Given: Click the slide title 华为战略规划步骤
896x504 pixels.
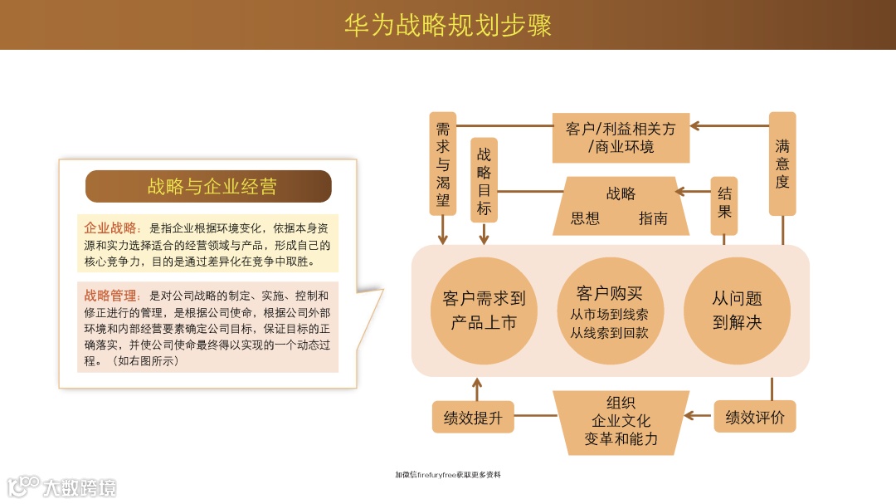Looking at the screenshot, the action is click(x=448, y=25).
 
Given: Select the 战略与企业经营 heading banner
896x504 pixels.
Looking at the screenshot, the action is click(x=208, y=187).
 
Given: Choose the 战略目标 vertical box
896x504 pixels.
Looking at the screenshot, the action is click(x=484, y=180).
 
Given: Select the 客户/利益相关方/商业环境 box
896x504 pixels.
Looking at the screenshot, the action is click(x=621, y=138).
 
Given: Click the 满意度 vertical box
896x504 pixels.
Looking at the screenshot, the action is click(x=782, y=164).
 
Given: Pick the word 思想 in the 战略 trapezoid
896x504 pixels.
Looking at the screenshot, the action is click(x=585, y=219).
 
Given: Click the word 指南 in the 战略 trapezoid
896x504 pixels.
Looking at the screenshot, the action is click(x=653, y=219).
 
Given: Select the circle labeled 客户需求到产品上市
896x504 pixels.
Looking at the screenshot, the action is click(x=484, y=310).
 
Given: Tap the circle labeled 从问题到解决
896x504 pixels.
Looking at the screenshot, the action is click(x=737, y=310).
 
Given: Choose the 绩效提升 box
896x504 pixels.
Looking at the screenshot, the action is click(x=473, y=417).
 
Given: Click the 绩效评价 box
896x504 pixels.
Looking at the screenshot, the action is click(x=755, y=417).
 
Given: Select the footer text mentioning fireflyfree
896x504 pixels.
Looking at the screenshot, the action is click(x=448, y=475).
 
